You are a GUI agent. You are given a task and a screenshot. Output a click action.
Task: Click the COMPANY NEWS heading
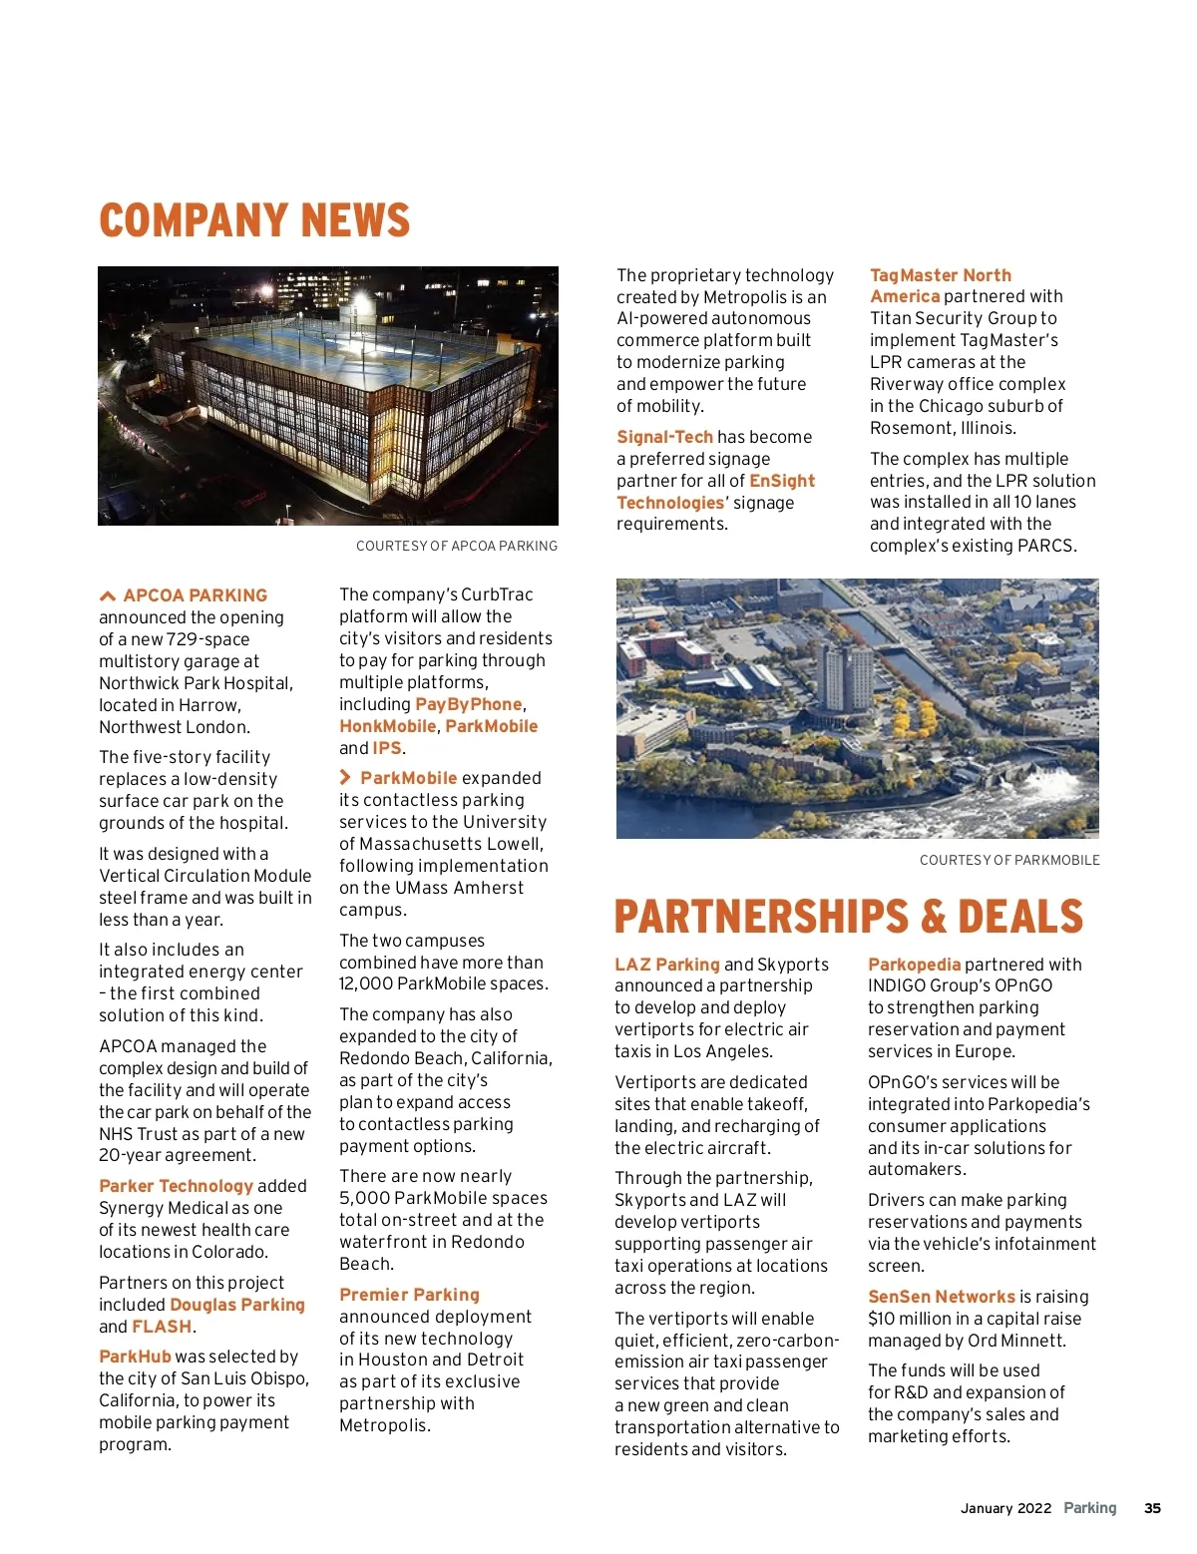pos(254,220)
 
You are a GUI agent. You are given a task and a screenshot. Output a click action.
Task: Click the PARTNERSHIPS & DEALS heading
pos(848,917)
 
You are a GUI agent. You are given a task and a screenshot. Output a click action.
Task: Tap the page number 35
pos(1152,1508)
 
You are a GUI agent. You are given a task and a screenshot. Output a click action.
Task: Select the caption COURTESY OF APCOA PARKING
pos(457,546)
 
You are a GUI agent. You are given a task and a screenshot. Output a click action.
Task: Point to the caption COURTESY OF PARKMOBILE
pos(1009,860)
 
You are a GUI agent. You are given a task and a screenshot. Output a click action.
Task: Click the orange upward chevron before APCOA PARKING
pos(108,595)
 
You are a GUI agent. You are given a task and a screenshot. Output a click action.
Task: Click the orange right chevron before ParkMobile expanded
pos(345,777)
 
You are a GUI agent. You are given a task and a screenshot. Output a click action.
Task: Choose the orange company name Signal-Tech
pos(664,437)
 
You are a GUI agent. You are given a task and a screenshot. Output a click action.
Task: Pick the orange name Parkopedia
pos(914,965)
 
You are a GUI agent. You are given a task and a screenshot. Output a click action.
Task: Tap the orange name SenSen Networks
pos(941,1297)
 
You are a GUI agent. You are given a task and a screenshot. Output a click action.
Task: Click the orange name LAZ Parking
pos(666,965)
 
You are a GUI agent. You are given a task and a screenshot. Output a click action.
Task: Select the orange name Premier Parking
pos(409,1295)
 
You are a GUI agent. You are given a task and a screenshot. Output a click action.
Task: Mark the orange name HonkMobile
pos(387,726)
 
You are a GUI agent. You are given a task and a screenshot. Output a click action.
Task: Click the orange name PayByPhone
pos(469,704)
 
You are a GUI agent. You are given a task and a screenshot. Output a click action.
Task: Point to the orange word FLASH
pos(162,1327)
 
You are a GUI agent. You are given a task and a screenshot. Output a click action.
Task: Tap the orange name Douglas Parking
pos(237,1305)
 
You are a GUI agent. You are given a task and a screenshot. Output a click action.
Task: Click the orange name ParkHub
pos(135,1357)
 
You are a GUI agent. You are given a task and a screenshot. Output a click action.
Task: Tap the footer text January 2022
pos(1005,1508)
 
